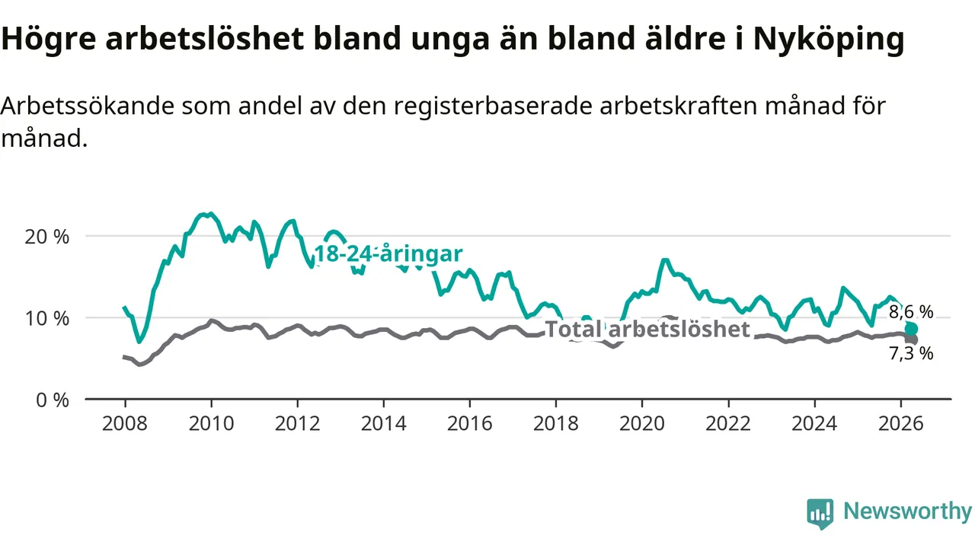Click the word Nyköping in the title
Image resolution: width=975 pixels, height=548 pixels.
click(829, 39)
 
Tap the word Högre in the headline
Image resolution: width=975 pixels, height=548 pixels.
click(48, 39)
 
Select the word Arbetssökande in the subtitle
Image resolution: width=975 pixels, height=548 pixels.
click(88, 106)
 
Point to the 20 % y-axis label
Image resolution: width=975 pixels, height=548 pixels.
click(46, 237)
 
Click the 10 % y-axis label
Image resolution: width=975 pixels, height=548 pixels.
click(46, 319)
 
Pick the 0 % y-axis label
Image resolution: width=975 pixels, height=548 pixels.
click(53, 400)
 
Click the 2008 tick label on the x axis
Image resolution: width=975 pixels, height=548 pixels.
click(125, 424)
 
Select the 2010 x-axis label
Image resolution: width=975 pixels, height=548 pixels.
click(211, 424)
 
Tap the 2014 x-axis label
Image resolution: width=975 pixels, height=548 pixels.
click(383, 424)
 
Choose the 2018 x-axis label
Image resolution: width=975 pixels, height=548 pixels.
click(556, 424)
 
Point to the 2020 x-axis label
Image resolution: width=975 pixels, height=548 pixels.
click(642, 424)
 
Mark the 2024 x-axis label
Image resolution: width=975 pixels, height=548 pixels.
click(814, 424)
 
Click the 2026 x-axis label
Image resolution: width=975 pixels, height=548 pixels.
click(900, 424)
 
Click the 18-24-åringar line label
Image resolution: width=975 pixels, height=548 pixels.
click(388, 253)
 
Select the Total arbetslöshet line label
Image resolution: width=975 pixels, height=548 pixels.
click(647, 330)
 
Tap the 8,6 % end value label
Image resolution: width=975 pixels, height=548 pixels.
click(911, 312)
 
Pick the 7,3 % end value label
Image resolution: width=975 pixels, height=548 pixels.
click(911, 354)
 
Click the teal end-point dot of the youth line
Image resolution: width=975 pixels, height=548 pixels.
click(911, 330)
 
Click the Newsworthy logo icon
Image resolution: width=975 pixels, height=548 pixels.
click(820, 513)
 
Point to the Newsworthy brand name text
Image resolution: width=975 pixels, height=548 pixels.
click(907, 511)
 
